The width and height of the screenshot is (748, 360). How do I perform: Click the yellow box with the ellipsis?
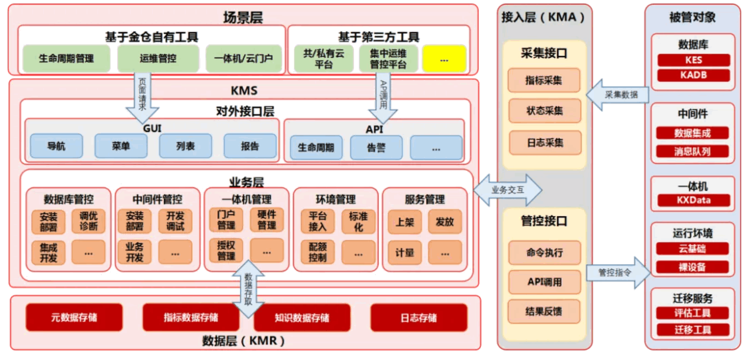[444, 59]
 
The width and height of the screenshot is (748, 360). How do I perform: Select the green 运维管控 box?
[158, 58]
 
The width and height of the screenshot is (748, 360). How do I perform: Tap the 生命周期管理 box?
[66, 58]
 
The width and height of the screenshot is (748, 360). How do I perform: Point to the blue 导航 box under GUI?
[56, 146]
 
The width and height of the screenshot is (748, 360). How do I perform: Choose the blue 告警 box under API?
[376, 148]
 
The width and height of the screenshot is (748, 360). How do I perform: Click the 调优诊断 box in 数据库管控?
[89, 221]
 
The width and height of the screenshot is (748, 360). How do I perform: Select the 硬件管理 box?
[267, 220]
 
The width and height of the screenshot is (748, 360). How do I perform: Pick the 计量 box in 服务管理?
[404, 252]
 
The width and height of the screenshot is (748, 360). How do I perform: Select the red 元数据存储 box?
[74, 318]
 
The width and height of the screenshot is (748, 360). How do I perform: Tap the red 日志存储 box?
[419, 318]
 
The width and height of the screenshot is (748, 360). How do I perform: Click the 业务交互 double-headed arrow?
[507, 190]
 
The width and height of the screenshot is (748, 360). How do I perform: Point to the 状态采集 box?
[544, 111]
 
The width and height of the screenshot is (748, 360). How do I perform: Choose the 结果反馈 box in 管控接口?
[544, 311]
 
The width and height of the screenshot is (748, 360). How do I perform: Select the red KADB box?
[693, 75]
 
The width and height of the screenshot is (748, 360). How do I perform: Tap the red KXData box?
[693, 200]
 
